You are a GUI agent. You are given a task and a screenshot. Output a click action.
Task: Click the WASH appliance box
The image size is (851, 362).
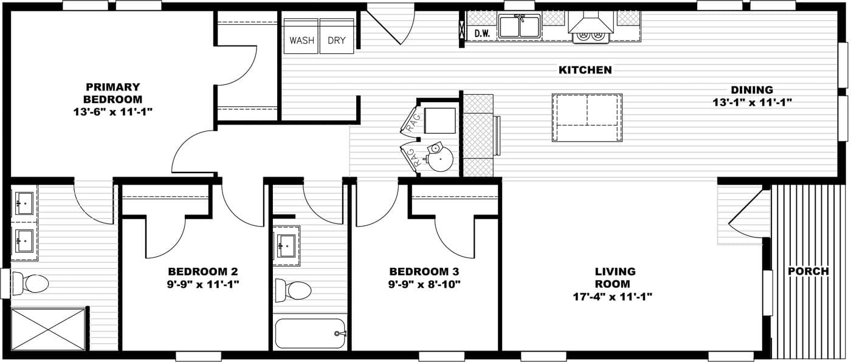click(301, 41)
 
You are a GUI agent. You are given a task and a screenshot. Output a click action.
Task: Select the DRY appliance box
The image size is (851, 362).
click(337, 41)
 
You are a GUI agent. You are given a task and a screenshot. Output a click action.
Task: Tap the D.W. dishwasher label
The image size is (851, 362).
click(482, 34)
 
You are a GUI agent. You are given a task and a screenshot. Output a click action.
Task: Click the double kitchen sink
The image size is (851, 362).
click(519, 27)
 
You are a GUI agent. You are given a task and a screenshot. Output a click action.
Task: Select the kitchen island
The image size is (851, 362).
click(587, 117)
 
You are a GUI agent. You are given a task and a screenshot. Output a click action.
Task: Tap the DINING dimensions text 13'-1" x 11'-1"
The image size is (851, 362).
click(752, 103)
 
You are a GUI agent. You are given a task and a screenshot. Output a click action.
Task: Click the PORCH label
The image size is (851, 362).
click(808, 271)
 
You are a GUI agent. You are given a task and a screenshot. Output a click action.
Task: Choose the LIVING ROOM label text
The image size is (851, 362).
click(615, 278)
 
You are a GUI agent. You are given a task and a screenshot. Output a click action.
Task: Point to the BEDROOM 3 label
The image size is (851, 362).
click(424, 271)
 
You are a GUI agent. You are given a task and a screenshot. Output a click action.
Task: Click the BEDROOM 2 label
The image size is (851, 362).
click(202, 271)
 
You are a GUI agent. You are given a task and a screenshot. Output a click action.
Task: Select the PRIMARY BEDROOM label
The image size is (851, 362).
click(112, 93)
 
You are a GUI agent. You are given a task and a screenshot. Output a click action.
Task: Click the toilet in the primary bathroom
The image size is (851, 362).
click(31, 284)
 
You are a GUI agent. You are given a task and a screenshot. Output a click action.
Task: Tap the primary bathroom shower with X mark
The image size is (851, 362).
click(49, 329)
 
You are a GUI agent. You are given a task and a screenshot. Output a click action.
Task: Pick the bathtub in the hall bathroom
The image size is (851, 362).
click(310, 333)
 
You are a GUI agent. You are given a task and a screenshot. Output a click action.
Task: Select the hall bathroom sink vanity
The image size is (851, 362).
click(286, 246)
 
